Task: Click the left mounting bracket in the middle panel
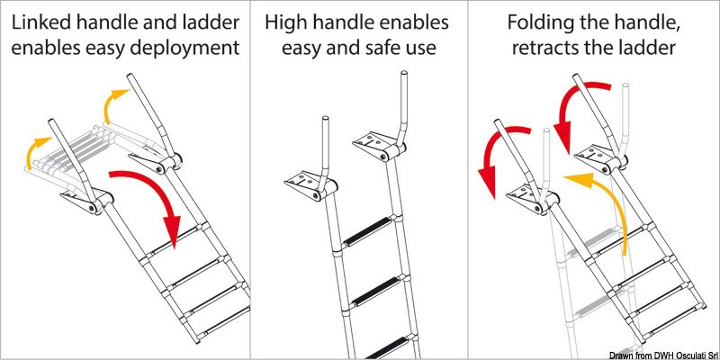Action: [307, 184]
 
